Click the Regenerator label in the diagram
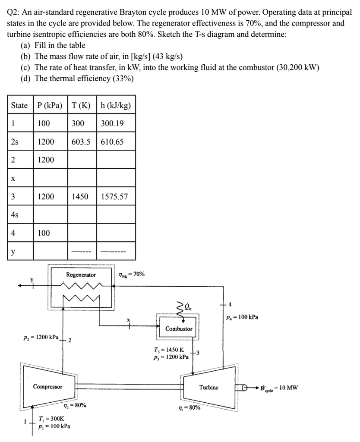pyautogui.click(x=81, y=275)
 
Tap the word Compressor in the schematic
pyautogui.click(x=47, y=386)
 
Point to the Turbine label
pyautogui.click(x=209, y=387)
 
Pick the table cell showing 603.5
pyautogui.click(x=81, y=142)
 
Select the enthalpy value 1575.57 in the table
pyautogui.click(x=114, y=196)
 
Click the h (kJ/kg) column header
pyautogui.click(x=116, y=105)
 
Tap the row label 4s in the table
pyautogui.click(x=15, y=215)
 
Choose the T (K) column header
pyautogui.click(x=81, y=105)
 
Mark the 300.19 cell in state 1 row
pyautogui.click(x=112, y=123)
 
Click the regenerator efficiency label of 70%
pyautogui.click(x=132, y=275)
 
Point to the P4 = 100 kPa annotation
pyautogui.click(x=242, y=317)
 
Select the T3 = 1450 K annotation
pyautogui.click(x=169, y=350)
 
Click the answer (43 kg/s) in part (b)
pyautogui.click(x=167, y=57)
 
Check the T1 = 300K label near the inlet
pyautogui.click(x=51, y=419)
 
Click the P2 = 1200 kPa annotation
pyautogui.click(x=41, y=338)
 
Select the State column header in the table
pyautogui.click(x=19, y=105)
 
